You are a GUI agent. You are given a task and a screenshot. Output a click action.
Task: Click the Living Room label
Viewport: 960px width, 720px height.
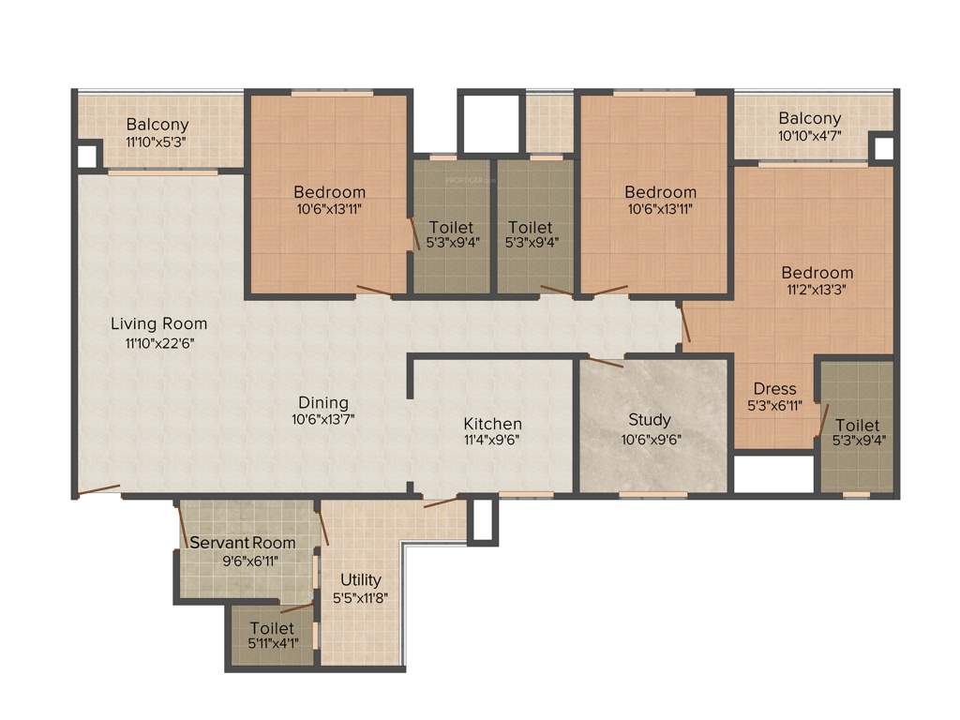158,323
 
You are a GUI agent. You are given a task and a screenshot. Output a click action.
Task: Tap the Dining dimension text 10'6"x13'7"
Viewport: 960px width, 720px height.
322,420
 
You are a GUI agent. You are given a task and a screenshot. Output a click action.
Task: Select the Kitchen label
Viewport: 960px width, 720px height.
492,424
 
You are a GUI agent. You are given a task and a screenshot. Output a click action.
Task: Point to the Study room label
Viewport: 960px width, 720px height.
650,420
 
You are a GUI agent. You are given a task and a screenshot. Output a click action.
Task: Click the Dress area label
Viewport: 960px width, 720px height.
774,388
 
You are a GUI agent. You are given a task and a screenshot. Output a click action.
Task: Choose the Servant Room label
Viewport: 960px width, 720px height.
243,543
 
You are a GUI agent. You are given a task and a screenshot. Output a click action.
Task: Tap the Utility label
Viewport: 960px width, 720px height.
360,579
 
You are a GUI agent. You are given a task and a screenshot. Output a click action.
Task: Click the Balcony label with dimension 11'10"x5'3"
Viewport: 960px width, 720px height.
157,124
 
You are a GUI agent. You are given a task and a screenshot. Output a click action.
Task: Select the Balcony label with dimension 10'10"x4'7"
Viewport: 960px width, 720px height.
809,119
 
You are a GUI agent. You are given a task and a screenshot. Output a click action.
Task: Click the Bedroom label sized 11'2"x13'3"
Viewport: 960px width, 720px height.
817,273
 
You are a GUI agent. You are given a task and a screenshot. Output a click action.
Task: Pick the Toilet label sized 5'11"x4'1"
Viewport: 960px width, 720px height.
272,628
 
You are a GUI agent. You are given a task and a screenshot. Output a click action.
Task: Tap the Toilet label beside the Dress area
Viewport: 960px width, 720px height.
857,425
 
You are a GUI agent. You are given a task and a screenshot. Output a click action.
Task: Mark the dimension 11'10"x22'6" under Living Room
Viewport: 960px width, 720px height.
158,342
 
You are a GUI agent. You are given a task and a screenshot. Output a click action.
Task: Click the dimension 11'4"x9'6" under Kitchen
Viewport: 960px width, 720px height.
491,440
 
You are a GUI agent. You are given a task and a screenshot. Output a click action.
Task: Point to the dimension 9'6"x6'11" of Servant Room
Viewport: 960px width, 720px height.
250,561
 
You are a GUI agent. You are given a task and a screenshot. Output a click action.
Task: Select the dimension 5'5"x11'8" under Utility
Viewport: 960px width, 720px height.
360,597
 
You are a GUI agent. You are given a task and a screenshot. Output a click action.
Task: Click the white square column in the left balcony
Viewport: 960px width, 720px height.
87,155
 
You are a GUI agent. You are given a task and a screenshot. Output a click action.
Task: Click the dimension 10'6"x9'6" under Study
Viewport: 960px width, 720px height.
650,439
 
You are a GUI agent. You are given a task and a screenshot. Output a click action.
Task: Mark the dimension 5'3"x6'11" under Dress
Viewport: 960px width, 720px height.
774,406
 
